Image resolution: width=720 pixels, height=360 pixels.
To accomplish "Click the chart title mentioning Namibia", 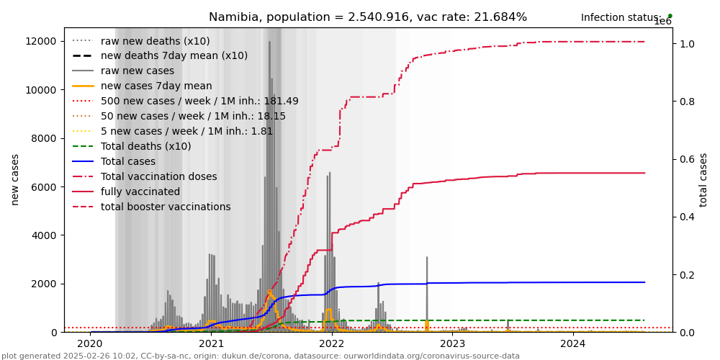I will [367, 17].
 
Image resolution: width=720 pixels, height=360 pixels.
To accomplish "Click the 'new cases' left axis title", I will [15, 179].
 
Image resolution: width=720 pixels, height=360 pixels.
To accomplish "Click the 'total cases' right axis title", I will [703, 179].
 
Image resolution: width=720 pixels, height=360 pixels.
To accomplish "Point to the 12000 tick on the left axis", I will [42, 41].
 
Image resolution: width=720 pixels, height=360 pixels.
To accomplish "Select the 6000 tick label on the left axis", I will [45, 187].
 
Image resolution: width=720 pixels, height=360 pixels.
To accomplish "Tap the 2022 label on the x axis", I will [332, 344].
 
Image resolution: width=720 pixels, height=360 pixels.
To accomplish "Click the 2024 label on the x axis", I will [573, 344].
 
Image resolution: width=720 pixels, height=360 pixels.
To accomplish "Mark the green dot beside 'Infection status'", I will [670, 15].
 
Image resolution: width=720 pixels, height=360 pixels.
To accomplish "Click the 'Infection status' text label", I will [621, 18].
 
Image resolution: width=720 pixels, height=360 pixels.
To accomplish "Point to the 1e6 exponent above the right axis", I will [662, 22].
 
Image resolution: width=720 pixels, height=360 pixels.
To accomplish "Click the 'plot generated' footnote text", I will [260, 356].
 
